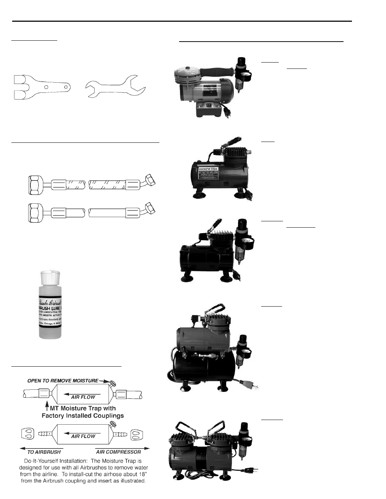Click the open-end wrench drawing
[115, 87]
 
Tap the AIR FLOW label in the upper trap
[83, 396]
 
